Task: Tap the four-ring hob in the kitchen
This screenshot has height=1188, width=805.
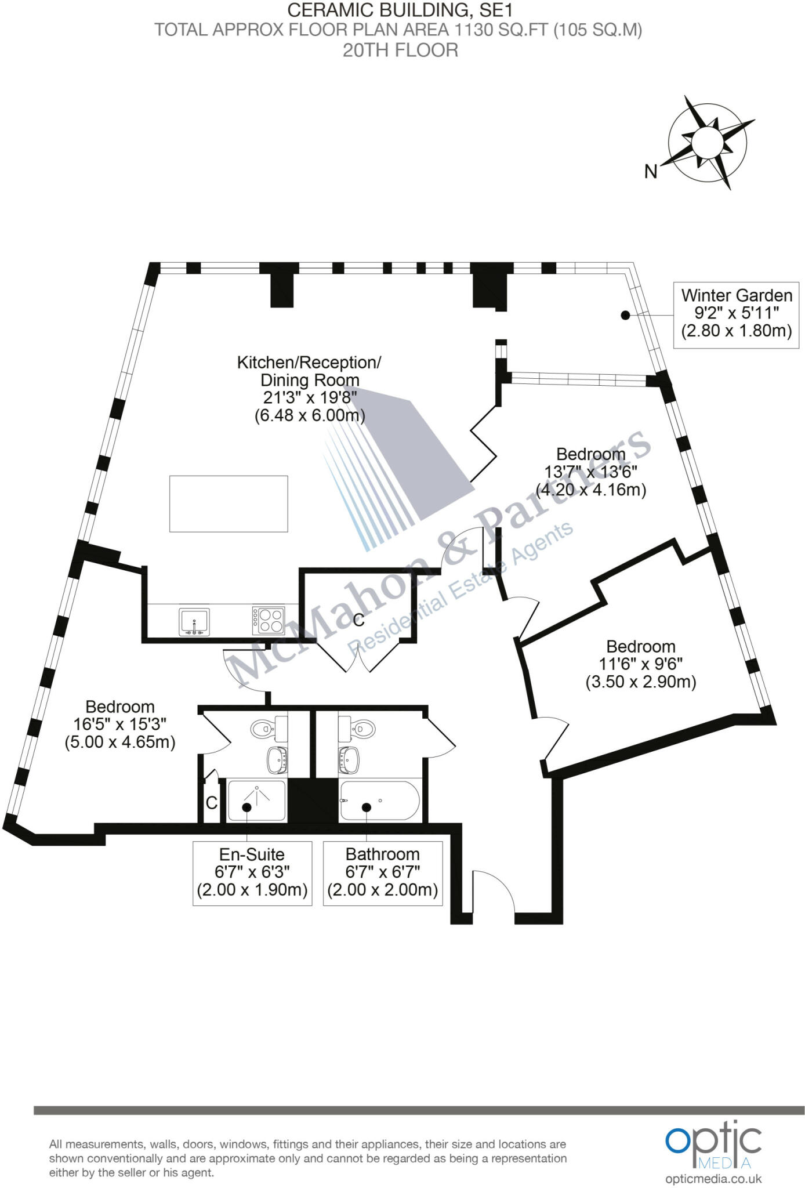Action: tap(269, 621)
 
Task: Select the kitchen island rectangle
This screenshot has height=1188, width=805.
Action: tap(229, 504)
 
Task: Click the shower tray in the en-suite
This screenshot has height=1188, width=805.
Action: tap(257, 801)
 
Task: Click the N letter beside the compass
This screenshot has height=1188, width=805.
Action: tap(651, 172)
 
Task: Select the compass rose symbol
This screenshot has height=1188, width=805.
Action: tap(708, 142)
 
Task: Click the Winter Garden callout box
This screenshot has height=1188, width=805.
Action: tap(736, 314)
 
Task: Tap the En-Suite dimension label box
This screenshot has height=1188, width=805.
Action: tap(252, 873)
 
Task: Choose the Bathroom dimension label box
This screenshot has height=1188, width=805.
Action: tap(383, 873)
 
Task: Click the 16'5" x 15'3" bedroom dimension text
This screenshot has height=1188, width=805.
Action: tap(120, 724)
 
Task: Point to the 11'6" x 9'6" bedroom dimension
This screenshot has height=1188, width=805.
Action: tap(641, 664)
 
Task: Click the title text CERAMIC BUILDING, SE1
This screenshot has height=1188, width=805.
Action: tap(400, 10)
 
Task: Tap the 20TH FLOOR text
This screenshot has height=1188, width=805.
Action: tap(400, 50)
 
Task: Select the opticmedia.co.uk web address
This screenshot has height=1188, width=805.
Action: tap(713, 1178)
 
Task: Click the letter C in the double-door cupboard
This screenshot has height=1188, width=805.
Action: tap(359, 620)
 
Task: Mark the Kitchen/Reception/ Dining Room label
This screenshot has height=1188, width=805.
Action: tap(309, 371)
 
